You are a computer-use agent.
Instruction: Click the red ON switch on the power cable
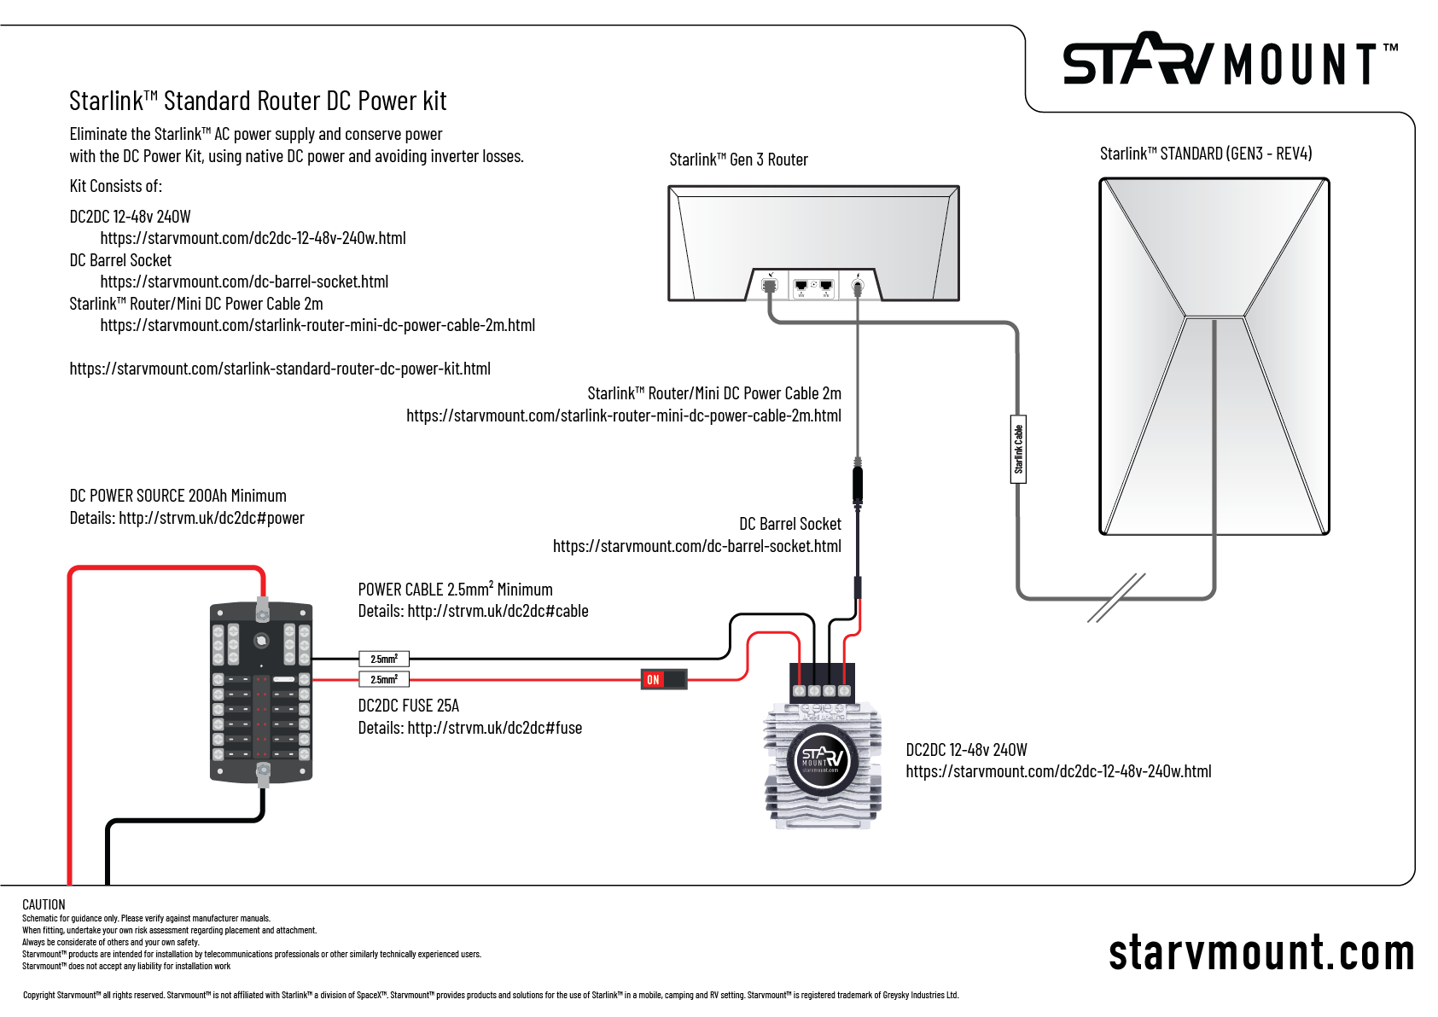(x=663, y=679)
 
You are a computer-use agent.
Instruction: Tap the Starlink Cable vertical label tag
(x=1018, y=450)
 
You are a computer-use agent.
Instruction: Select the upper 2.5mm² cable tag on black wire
(x=384, y=659)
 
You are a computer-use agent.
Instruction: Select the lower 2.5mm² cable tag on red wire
(x=384, y=679)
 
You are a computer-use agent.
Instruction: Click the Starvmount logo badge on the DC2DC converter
(x=821, y=759)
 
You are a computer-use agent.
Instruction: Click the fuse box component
(x=261, y=691)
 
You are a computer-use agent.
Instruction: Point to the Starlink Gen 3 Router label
(x=738, y=160)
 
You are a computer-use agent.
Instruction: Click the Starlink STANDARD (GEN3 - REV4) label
(x=1205, y=154)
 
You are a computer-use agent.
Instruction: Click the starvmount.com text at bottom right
(x=1261, y=953)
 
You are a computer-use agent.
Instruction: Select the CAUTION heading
(x=44, y=904)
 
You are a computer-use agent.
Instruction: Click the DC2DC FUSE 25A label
(x=409, y=706)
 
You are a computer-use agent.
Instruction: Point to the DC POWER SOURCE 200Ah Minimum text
(x=178, y=496)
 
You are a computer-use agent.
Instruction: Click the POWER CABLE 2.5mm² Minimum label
(x=455, y=590)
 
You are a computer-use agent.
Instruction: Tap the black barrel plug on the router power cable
(x=858, y=484)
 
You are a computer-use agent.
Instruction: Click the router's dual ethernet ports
(x=813, y=286)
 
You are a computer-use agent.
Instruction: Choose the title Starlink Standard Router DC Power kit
(x=258, y=101)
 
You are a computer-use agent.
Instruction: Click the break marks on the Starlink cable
(x=1116, y=597)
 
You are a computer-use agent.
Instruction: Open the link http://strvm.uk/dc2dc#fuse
(x=495, y=728)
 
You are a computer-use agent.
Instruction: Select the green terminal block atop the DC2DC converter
(x=822, y=683)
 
